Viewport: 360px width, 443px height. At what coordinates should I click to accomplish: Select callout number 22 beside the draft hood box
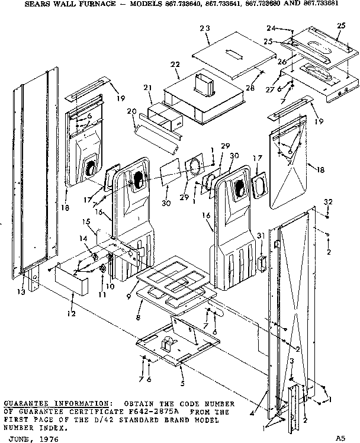(175, 65)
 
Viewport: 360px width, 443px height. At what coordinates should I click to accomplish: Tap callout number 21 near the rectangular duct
(149, 88)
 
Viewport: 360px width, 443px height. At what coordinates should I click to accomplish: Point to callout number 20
(132, 111)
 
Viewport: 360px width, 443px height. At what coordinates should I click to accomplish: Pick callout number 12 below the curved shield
(71, 313)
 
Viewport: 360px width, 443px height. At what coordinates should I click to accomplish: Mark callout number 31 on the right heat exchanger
(259, 237)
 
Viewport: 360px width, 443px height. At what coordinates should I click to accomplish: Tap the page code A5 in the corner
(339, 438)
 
